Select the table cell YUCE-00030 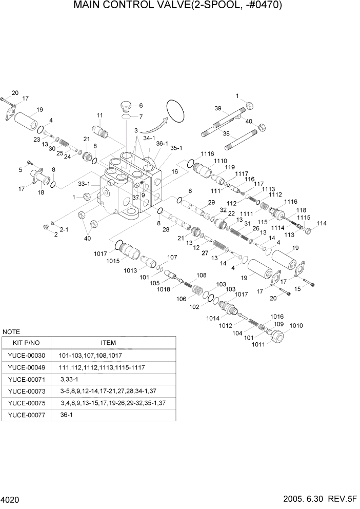(x=27, y=355)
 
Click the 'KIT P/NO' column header (x=27, y=343)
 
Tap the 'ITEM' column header (x=108, y=343)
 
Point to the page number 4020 (x=11, y=499)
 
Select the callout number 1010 (x=296, y=325)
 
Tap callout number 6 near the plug (x=140, y=105)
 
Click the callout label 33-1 (x=84, y=183)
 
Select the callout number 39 (x=217, y=109)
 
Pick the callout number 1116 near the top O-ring (x=207, y=154)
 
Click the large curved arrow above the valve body (x=154, y=127)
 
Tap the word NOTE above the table (x=11, y=332)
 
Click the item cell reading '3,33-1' (x=69, y=379)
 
